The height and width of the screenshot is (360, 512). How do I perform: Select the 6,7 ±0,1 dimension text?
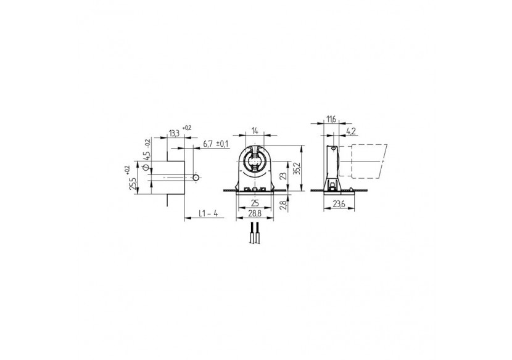(x=215, y=144)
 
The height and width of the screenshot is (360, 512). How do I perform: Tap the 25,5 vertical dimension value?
(x=131, y=182)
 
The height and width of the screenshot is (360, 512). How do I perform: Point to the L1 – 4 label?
(x=209, y=214)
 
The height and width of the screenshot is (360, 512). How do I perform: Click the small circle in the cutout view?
(x=196, y=177)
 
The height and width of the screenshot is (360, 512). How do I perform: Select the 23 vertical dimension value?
(x=283, y=175)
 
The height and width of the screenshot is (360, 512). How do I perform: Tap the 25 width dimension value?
(x=254, y=203)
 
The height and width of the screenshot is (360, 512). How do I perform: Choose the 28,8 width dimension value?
(x=254, y=213)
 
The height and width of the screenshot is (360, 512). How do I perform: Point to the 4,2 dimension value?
(x=350, y=132)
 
